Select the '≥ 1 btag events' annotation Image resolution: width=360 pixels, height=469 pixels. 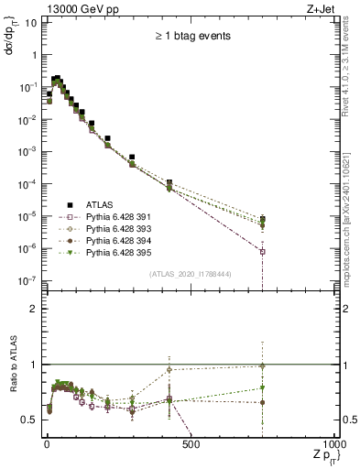[x=191, y=37]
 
